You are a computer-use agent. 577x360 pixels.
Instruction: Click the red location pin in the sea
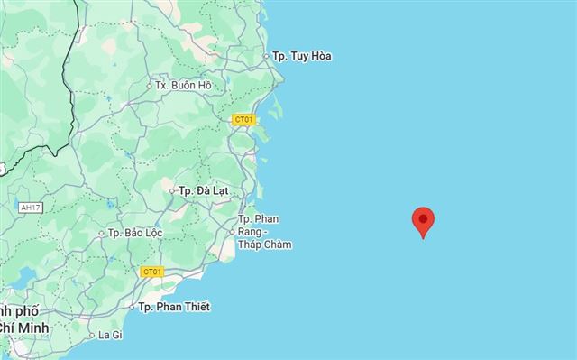point(423,221)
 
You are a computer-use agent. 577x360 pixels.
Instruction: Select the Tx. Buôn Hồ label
point(188,86)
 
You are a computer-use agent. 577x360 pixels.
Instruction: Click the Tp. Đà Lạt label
point(204,191)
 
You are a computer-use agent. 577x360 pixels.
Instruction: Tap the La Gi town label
point(110,335)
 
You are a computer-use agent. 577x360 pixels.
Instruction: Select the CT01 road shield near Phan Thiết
point(151,272)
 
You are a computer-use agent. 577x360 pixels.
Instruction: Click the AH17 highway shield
point(30,208)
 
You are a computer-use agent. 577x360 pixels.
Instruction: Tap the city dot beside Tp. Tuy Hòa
point(266,56)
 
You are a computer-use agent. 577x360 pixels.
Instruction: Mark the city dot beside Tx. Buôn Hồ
point(149,86)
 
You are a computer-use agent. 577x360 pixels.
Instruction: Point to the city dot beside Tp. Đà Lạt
point(172,191)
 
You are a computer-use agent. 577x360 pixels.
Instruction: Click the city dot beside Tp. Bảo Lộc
point(101,233)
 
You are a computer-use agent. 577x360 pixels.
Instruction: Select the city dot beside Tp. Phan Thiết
point(132,307)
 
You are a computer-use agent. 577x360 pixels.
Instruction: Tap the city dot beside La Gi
point(91,335)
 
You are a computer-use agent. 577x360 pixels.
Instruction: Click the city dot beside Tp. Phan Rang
point(232,231)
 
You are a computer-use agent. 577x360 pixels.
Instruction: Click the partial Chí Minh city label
point(18,327)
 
